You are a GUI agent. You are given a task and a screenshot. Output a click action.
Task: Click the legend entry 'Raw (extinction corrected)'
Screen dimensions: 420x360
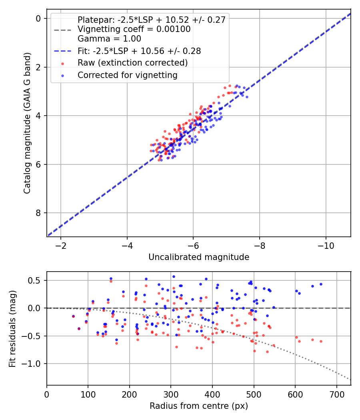point(132,63)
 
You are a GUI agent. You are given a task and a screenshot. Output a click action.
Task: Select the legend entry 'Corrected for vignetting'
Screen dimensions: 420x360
point(128,75)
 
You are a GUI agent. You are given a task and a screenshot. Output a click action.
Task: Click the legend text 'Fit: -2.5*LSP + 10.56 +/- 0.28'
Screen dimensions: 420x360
point(139,51)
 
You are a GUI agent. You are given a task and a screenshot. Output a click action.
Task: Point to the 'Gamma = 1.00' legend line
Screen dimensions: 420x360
point(109,39)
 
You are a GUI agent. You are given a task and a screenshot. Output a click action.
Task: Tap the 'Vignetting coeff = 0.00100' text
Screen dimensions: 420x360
point(134,29)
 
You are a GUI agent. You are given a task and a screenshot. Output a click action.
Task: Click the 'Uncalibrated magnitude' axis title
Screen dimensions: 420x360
point(199,257)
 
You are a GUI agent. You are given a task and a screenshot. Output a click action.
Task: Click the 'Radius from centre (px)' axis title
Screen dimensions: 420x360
point(199,406)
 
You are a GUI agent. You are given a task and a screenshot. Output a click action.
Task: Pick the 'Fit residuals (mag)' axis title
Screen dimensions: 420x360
point(12,328)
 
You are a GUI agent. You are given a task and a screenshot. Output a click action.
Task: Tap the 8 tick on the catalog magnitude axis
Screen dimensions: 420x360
point(38,213)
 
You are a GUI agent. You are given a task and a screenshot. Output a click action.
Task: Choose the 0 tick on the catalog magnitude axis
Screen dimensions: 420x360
point(38,18)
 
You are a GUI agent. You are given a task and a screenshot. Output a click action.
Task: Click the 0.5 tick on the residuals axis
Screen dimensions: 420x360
point(36,280)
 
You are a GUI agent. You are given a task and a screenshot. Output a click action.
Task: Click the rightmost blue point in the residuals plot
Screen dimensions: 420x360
point(321,284)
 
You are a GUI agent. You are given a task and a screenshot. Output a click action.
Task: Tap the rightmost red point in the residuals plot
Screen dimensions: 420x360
point(321,341)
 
